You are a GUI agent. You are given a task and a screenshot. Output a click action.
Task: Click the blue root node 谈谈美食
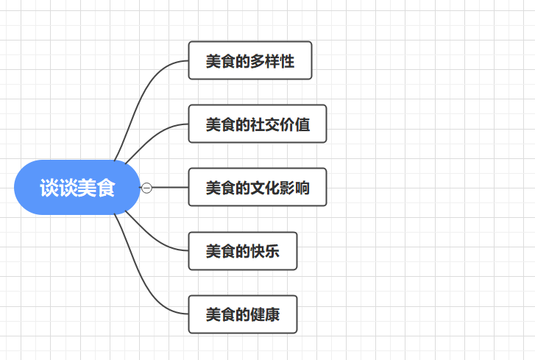click(77, 188)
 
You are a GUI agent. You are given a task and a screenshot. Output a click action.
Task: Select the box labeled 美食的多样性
click(250, 60)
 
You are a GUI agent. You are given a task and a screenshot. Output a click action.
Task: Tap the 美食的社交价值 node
click(257, 124)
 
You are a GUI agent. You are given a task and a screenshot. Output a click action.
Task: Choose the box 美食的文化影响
click(257, 188)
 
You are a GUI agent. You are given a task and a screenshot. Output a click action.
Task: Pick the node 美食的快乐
click(243, 251)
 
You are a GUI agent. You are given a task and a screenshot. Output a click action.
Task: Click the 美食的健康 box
click(243, 315)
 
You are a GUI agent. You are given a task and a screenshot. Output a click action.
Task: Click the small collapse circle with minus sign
click(146, 188)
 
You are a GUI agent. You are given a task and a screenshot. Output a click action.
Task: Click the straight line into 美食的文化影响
click(169, 188)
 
